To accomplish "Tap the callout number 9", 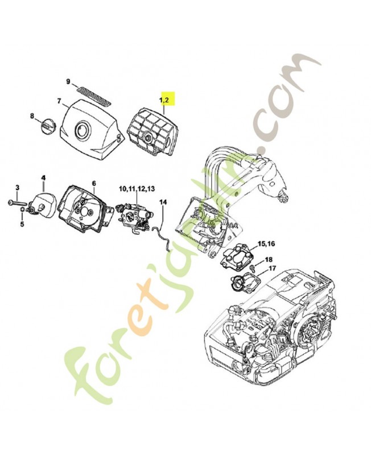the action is (68, 81).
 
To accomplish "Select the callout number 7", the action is (59, 101).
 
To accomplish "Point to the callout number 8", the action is (32, 116).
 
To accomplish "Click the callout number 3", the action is (17, 188).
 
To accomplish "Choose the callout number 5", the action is (22, 224).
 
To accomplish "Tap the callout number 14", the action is (163, 202).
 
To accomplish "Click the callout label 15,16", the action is (266, 243).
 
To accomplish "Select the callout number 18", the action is (269, 259).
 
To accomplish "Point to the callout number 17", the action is (272, 268).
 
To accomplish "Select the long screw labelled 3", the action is (18, 202).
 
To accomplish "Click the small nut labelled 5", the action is (22, 210).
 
